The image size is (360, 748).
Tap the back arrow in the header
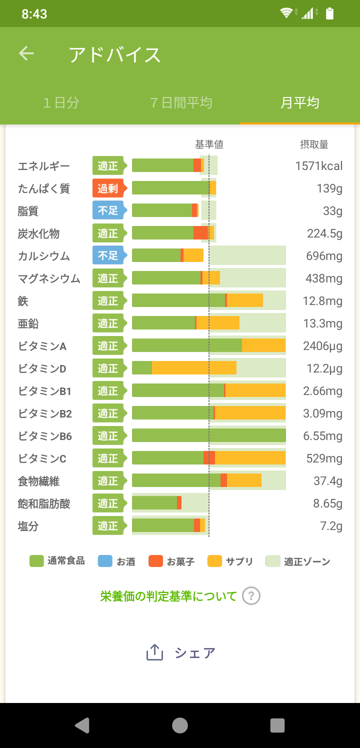pyautogui.click(x=26, y=54)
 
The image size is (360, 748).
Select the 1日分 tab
pyautogui.click(x=61, y=103)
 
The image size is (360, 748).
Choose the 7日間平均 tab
pyautogui.click(x=181, y=103)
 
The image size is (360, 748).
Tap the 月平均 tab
pyautogui.click(x=299, y=103)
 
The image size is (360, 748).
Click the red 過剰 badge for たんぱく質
pyautogui.click(x=107, y=188)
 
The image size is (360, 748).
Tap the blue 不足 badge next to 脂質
pyautogui.click(x=107, y=211)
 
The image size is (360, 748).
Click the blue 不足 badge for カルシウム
pyautogui.click(x=107, y=256)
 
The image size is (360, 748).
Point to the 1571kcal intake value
pyautogui.click(x=318, y=166)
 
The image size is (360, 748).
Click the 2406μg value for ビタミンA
pyautogui.click(x=322, y=346)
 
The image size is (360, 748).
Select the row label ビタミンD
pyautogui.click(x=42, y=369)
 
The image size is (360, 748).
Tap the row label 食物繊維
pyautogui.click(x=38, y=481)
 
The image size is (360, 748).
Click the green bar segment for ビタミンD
pyautogui.click(x=142, y=368)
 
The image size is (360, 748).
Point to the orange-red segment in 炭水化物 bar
pyautogui.click(x=200, y=233)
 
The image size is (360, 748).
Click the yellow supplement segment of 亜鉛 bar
pyautogui.click(x=218, y=323)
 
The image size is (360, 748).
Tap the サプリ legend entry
pyautogui.click(x=230, y=561)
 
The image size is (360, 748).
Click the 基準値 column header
pyautogui.click(x=209, y=144)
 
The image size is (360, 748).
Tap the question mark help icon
pyautogui.click(x=251, y=596)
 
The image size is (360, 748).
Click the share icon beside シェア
pyautogui.click(x=155, y=652)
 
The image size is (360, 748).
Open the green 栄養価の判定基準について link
pyautogui.click(x=168, y=596)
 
